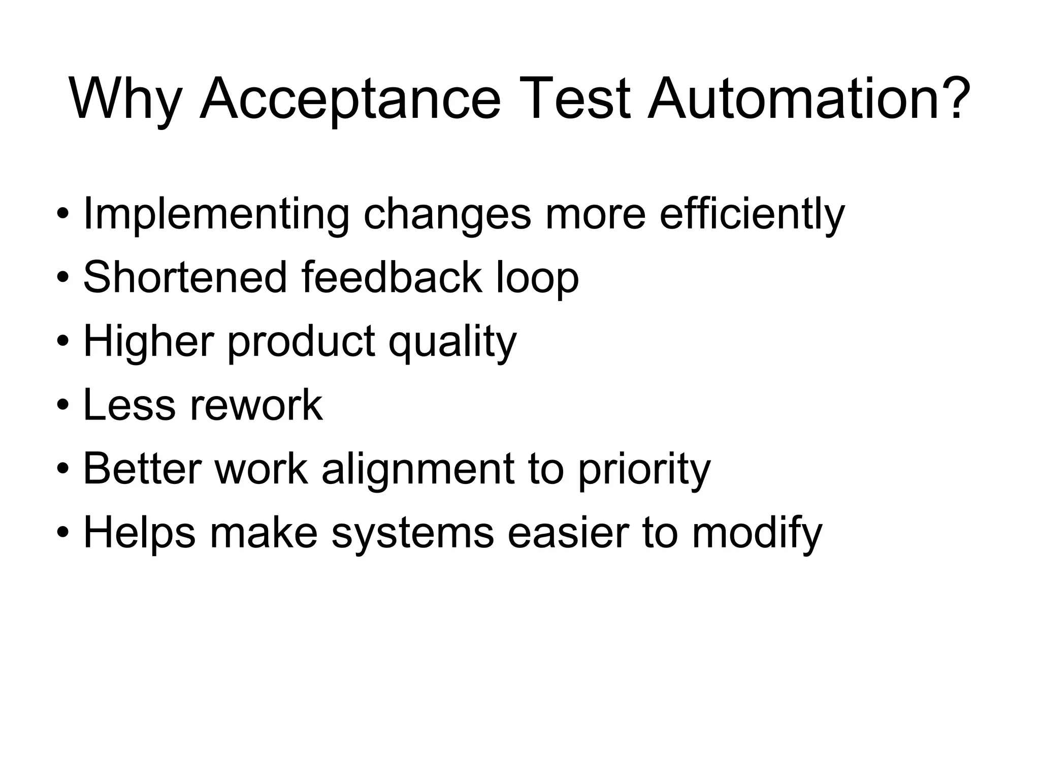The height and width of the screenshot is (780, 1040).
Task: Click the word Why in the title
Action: pos(125,100)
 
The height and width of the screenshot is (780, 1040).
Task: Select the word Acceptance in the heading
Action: pos(350,99)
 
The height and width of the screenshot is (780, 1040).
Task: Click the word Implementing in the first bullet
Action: pos(216,215)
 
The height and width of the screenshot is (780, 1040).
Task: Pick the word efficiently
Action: pos(752,215)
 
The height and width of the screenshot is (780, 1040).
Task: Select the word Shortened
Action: pos(185,277)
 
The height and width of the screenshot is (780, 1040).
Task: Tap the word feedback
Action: pos(392,277)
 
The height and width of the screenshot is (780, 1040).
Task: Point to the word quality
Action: pos(452,342)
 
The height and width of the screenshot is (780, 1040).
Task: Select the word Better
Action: pos(142,469)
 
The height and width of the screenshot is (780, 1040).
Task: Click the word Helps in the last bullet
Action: pos(139,533)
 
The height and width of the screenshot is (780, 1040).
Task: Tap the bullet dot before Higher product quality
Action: pos(62,342)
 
